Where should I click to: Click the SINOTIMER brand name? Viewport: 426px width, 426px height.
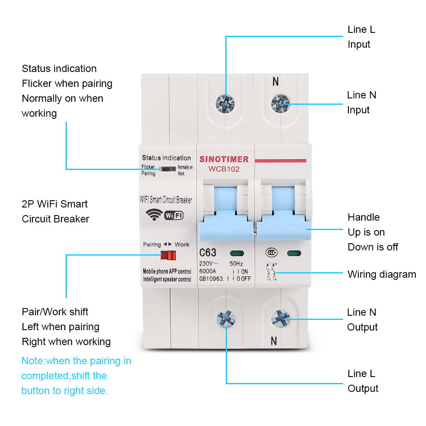click(x=224, y=159)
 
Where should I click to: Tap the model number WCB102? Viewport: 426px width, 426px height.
click(x=224, y=169)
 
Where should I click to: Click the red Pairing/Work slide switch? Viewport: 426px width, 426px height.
click(x=168, y=256)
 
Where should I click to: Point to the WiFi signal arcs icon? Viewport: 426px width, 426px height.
click(x=154, y=214)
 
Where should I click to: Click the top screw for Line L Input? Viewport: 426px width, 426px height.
click(x=225, y=103)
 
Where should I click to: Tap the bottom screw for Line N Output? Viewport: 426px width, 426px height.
click(x=280, y=318)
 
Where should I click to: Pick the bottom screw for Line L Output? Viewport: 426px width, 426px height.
click(x=226, y=318)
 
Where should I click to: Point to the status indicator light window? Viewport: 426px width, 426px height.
click(x=167, y=170)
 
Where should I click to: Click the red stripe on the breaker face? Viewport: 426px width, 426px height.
click(x=280, y=160)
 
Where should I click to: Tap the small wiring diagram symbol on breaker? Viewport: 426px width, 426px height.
click(x=271, y=272)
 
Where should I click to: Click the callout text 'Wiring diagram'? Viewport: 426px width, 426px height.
click(x=382, y=274)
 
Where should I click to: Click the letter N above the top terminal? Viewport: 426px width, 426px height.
click(x=276, y=81)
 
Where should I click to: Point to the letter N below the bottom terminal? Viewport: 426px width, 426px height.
click(x=274, y=341)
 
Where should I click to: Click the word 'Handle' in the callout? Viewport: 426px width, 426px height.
click(x=363, y=217)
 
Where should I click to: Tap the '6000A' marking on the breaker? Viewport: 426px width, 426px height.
click(x=207, y=271)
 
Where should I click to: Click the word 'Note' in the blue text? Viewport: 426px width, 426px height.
click(x=32, y=361)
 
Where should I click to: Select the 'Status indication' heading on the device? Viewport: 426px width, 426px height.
click(x=166, y=158)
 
